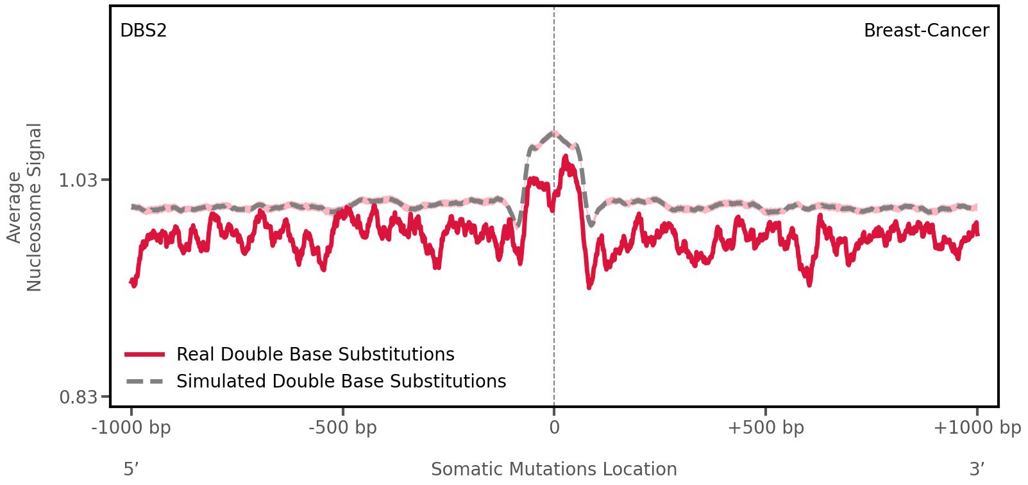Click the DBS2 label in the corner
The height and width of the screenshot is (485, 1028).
click(x=143, y=31)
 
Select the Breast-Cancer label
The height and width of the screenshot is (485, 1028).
click(x=925, y=31)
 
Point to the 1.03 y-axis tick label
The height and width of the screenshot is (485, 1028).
click(x=78, y=180)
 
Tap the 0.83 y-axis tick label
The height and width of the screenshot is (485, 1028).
click(x=78, y=398)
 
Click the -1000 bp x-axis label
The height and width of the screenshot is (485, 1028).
click(x=131, y=428)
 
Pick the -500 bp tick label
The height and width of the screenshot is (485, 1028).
click(x=342, y=428)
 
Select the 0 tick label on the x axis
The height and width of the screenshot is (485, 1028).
click(x=554, y=428)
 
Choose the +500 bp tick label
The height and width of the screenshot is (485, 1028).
click(x=765, y=428)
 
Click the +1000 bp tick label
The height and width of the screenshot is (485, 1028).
click(x=976, y=428)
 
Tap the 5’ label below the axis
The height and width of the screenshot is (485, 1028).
click(x=131, y=469)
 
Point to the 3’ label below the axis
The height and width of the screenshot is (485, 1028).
click(x=977, y=469)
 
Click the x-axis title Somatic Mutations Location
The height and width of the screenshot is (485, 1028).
click(x=553, y=469)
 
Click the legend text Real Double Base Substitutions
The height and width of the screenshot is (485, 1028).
click(x=315, y=355)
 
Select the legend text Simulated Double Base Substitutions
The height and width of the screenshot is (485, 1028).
click(x=341, y=382)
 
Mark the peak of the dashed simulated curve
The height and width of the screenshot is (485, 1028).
click(x=553, y=133)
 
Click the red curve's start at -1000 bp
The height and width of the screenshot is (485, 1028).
click(x=132, y=282)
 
